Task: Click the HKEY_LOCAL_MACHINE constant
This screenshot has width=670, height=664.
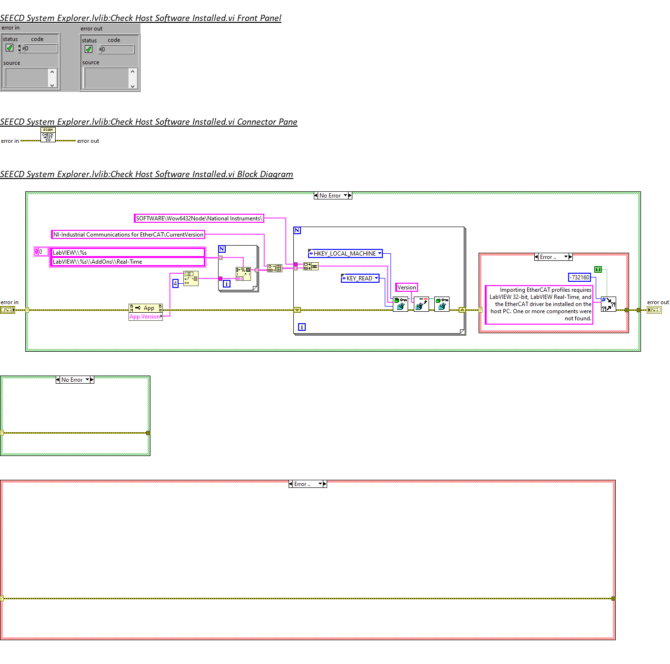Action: pos(345,254)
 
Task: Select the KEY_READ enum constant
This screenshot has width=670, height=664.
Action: pos(360,278)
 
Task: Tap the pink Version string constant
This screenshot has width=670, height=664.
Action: pos(407,287)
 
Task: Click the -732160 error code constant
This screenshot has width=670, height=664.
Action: pos(580,277)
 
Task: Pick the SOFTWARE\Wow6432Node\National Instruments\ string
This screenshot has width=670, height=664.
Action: pos(199,218)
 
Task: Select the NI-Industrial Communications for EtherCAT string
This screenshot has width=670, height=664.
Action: pos(128,235)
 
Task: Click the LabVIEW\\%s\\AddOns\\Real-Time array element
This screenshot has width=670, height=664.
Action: pos(128,262)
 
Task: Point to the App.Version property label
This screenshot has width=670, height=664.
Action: pos(145,317)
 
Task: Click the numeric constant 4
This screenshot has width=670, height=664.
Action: pos(175,284)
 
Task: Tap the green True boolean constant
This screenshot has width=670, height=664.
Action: pos(598,269)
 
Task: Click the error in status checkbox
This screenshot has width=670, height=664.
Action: pos(10,48)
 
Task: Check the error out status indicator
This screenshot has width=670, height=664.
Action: pos(89,49)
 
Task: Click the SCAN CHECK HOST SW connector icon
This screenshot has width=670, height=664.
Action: pos(48,135)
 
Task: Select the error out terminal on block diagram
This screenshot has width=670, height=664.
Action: pos(654,310)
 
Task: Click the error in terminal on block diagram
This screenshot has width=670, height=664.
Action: pos(8,310)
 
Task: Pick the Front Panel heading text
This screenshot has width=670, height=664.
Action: pos(140,18)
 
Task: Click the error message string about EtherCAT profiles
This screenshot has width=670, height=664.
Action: pos(539,304)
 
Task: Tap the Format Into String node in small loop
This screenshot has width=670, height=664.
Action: pos(243,273)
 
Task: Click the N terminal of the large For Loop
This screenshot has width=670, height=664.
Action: pos(297,230)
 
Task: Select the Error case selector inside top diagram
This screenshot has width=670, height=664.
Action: pos(553,257)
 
